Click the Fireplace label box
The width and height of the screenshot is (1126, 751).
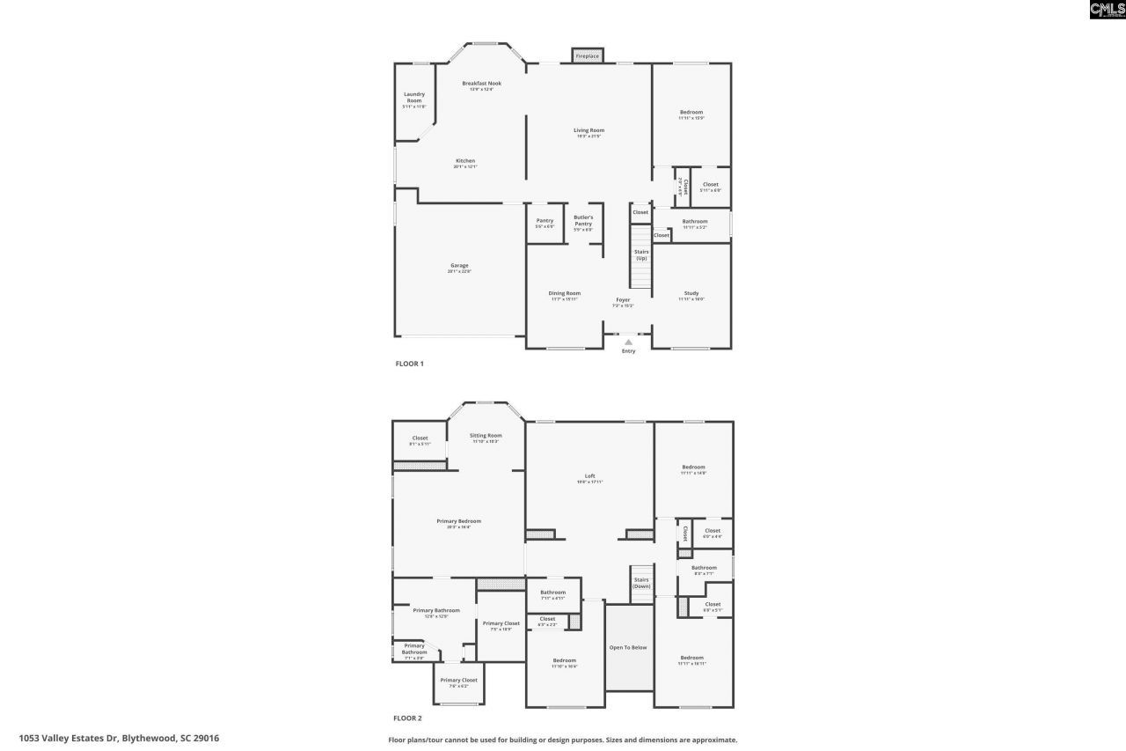(x=587, y=56)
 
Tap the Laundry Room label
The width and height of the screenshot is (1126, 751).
(x=414, y=98)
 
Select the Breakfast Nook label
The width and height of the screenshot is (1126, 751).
(x=481, y=84)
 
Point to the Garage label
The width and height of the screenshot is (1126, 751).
(x=459, y=266)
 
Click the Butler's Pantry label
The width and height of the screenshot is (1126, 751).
(x=583, y=220)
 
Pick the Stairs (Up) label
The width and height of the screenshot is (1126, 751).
(x=641, y=254)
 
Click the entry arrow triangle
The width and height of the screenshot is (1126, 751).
(x=628, y=342)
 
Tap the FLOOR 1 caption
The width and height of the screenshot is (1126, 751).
(x=410, y=363)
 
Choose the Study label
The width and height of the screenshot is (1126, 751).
(x=691, y=294)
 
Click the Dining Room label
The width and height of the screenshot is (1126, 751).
(x=565, y=294)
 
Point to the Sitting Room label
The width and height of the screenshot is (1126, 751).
(x=486, y=436)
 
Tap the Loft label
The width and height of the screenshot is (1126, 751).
(x=590, y=476)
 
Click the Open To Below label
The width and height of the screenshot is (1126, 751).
(x=628, y=647)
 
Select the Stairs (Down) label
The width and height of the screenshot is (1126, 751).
(x=641, y=582)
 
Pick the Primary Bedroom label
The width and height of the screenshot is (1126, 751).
(x=459, y=521)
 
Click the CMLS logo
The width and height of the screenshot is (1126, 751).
(x=1107, y=10)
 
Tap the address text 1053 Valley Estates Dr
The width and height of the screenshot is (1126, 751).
(x=119, y=738)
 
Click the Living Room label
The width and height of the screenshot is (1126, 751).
(x=589, y=130)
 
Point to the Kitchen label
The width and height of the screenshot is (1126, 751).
(x=465, y=161)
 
